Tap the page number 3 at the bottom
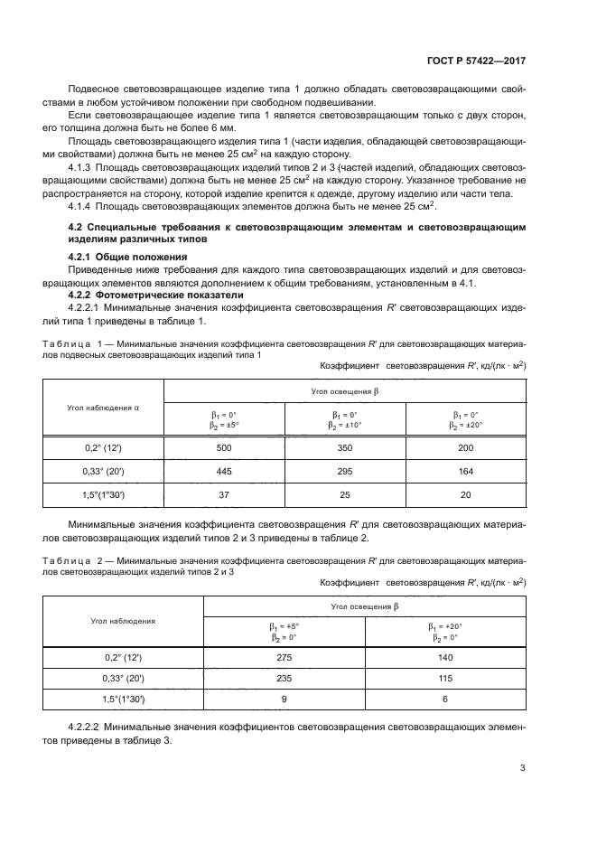click(523, 768)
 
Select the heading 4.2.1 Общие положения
click(115, 258)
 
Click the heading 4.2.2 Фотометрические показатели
click(138, 296)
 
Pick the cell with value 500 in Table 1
click(223, 447)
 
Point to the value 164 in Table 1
click(466, 470)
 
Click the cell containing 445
click(223, 470)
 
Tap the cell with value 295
click(344, 470)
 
